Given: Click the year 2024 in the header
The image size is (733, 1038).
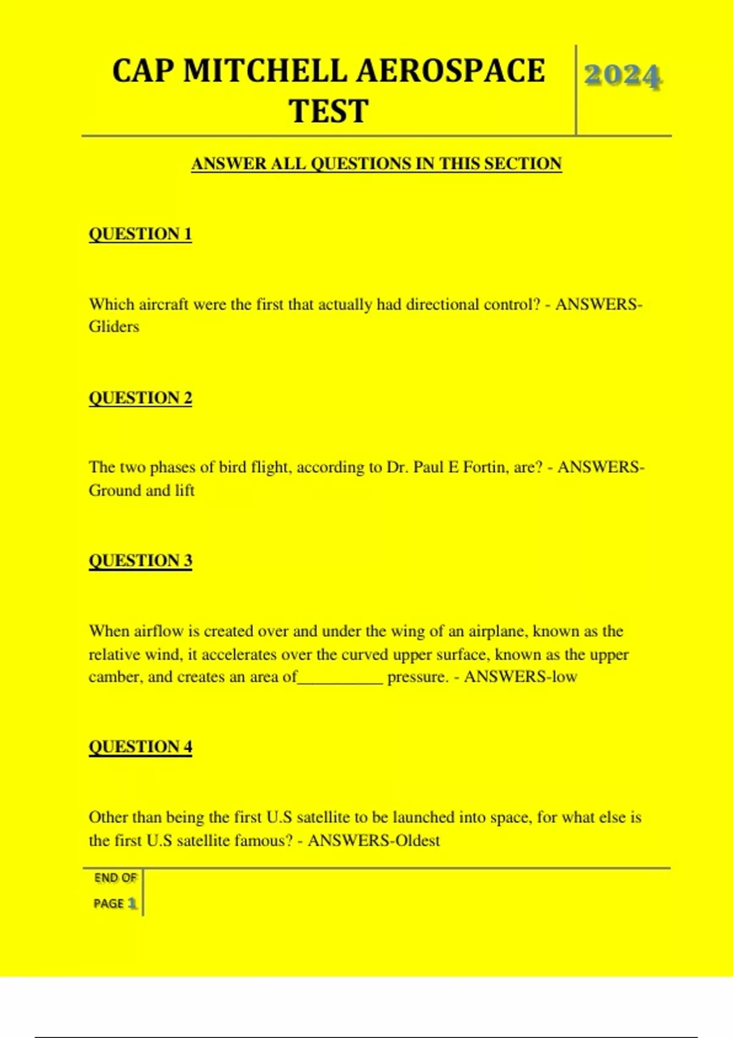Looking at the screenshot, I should pyautogui.click(x=622, y=76).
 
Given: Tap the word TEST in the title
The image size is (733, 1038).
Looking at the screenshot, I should pyautogui.click(x=329, y=111).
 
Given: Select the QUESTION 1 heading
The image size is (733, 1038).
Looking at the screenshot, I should pyautogui.click(x=140, y=234).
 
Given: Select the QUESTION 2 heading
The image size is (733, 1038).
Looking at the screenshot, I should pyautogui.click(x=140, y=397).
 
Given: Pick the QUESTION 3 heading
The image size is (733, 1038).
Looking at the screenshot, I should pyautogui.click(x=140, y=561).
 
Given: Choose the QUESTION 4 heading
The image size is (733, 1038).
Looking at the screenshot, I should pyautogui.click(x=140, y=747).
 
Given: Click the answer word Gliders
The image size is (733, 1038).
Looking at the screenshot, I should pyautogui.click(x=114, y=327).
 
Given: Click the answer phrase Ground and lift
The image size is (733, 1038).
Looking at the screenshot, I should pyautogui.click(x=142, y=490).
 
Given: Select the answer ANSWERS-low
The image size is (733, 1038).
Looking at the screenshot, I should pyautogui.click(x=520, y=677).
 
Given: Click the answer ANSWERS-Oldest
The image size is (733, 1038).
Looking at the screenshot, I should pyautogui.click(x=374, y=841).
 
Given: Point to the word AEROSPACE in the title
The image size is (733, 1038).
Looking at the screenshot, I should pyautogui.click(x=450, y=71).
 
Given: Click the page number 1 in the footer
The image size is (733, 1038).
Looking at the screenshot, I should pyautogui.click(x=132, y=903).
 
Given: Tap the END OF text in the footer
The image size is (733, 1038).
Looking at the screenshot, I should pyautogui.click(x=115, y=878).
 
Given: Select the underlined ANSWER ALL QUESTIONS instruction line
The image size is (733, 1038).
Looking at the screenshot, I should pyautogui.click(x=376, y=164).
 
